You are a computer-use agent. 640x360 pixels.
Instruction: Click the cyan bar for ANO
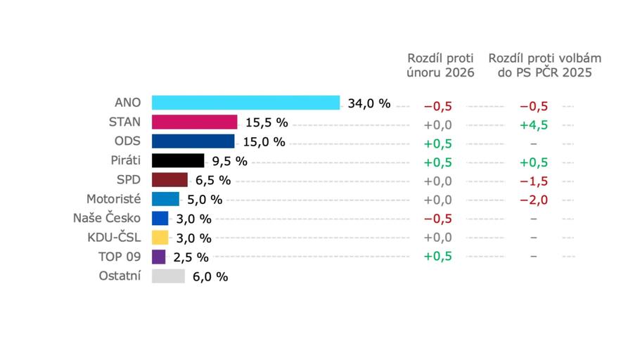click(245, 103)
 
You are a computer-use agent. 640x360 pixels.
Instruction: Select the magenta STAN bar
click(195, 122)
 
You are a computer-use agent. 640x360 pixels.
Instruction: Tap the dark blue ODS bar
click(193, 141)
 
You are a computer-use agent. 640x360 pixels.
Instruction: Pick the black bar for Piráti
click(178, 161)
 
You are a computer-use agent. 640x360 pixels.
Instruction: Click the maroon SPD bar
click(169, 180)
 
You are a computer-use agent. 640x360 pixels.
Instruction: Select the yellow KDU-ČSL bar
click(160, 238)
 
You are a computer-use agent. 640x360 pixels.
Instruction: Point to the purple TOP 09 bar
click(159, 257)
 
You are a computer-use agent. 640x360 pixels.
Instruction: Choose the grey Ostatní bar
click(168, 276)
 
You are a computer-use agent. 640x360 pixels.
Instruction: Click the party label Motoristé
click(113, 199)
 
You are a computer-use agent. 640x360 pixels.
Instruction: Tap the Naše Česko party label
click(107, 218)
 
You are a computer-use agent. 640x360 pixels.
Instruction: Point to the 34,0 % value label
click(369, 104)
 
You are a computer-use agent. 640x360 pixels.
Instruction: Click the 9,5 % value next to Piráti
click(230, 162)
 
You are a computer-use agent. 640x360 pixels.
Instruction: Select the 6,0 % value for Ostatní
click(210, 277)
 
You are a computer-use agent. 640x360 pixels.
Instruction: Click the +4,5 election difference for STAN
click(534, 124)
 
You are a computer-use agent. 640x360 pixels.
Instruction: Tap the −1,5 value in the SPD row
click(534, 181)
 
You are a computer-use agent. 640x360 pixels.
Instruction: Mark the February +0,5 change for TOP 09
click(437, 256)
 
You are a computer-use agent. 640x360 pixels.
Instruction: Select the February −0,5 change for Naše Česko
click(437, 218)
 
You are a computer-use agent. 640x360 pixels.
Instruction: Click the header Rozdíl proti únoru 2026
click(441, 65)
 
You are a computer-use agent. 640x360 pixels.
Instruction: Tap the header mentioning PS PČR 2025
click(545, 65)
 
